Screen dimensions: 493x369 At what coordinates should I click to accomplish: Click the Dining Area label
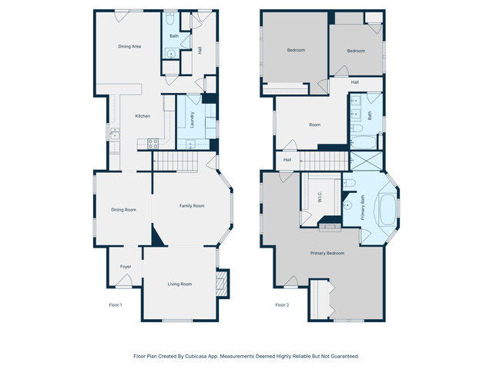(129, 46)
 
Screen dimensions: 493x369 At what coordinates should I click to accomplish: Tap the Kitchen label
(143, 116)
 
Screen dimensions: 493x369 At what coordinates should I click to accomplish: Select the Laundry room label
(192, 120)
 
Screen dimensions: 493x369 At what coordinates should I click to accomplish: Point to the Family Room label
(192, 206)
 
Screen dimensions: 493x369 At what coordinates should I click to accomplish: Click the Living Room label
(179, 284)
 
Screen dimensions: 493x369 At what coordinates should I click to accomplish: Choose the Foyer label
(126, 267)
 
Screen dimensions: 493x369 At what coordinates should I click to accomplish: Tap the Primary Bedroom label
(327, 253)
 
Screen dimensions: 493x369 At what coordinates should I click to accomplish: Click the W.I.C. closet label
(320, 197)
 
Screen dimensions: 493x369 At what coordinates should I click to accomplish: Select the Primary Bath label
(363, 208)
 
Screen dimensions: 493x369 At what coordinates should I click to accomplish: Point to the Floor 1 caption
(116, 305)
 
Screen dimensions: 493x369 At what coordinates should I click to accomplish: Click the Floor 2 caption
(282, 305)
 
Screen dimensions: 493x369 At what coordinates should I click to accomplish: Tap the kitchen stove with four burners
(153, 144)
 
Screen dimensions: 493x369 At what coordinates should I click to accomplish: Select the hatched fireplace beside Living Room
(221, 284)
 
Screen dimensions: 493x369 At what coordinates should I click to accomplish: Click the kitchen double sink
(115, 133)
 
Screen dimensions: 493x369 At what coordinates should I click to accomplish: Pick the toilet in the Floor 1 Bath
(170, 19)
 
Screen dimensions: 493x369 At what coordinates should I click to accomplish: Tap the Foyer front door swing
(124, 280)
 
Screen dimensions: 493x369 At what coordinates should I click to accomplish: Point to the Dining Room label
(123, 210)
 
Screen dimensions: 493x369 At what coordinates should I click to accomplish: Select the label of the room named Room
(315, 125)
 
